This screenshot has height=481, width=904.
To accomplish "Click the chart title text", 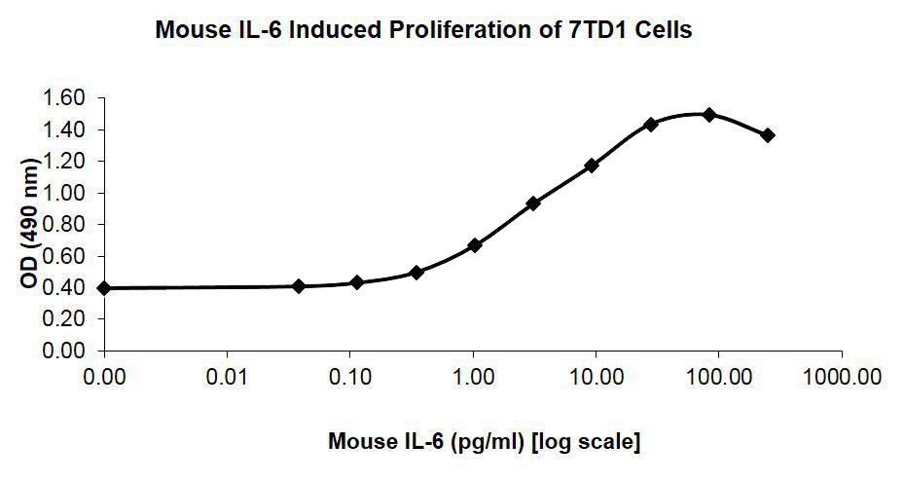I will point(423,30).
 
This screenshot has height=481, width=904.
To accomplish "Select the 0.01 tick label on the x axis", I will point(227,375).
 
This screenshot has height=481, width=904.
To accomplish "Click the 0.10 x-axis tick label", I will point(349,375).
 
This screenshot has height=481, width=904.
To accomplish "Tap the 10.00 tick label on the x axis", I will point(595,375).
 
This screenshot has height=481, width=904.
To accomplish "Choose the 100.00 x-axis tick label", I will point(717,375).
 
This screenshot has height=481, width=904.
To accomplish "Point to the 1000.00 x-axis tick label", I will point(841,375).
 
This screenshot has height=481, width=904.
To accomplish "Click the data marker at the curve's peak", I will point(709,115).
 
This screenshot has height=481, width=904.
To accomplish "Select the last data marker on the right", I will point(768,135).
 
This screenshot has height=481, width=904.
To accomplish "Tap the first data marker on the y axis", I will point(104,288).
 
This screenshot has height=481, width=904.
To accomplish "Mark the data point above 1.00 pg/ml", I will point(475,245).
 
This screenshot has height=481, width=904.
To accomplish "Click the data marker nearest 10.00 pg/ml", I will point(592,166).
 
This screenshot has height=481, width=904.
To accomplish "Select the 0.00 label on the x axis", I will point(104,375).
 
